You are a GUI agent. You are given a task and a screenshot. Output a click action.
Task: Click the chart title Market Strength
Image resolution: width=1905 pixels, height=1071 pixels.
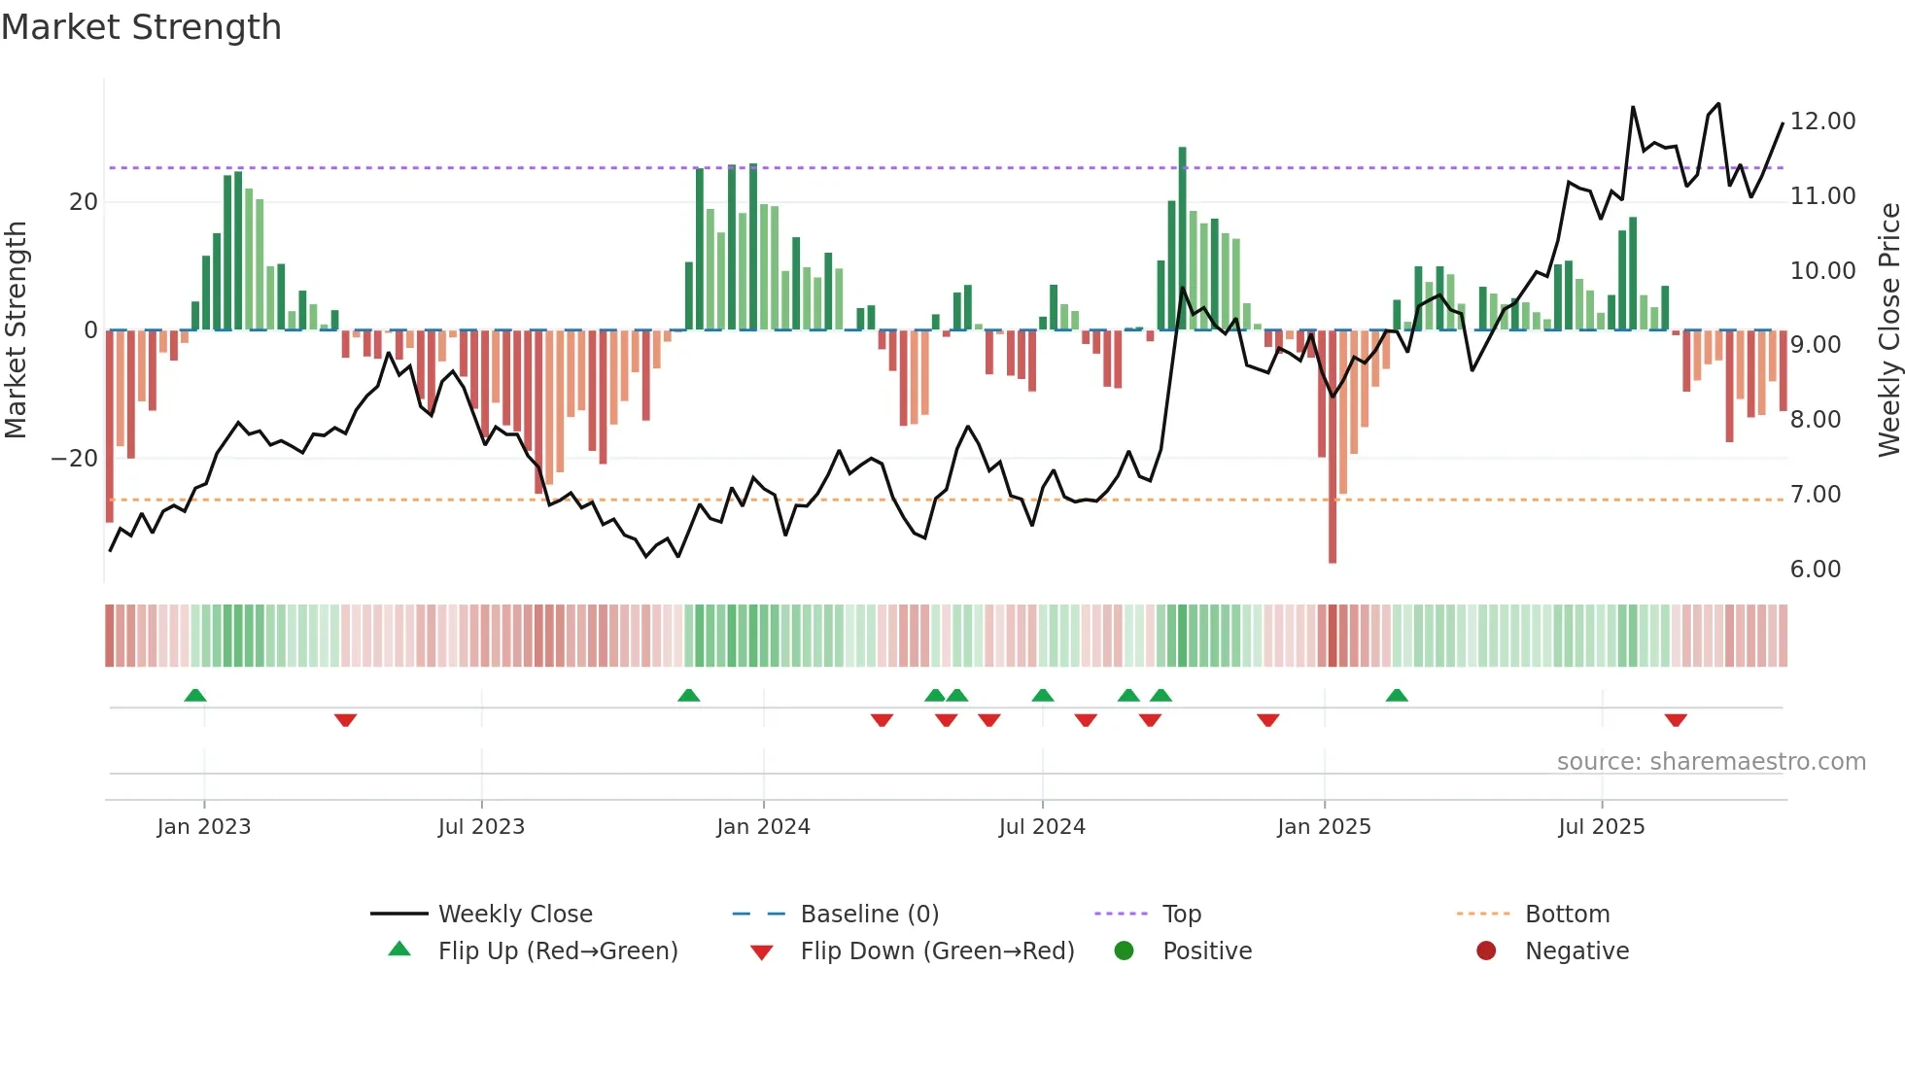(141, 26)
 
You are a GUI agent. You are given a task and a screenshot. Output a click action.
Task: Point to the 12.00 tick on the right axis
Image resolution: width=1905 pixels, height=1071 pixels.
(1822, 121)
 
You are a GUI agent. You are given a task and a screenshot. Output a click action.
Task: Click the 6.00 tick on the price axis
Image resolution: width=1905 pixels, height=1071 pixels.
(1815, 570)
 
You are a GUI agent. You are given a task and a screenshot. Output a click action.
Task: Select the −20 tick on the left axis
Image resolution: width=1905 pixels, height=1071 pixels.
(74, 459)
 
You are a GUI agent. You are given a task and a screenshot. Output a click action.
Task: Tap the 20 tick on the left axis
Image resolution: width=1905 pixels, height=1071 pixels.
(84, 202)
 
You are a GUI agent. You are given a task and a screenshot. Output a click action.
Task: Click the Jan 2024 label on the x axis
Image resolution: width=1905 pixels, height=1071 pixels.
(763, 827)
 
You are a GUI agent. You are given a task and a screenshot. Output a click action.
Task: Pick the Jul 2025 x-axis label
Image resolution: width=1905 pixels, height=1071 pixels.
(1601, 827)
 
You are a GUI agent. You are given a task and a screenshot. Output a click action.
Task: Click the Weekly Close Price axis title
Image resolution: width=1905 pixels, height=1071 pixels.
(1888, 329)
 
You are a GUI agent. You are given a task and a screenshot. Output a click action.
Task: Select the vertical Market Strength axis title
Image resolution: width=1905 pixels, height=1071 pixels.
(16, 329)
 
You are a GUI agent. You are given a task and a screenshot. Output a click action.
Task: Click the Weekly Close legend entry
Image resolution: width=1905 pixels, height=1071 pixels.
(514, 915)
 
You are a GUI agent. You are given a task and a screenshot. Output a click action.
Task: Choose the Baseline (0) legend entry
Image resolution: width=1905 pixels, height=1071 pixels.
(869, 915)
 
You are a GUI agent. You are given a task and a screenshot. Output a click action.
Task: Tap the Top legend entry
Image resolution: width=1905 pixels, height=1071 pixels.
(1181, 915)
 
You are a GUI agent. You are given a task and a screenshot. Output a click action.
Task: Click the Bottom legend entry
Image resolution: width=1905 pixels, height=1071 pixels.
(1567, 915)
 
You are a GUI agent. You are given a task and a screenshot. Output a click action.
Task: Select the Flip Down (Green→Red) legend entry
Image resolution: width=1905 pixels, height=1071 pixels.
(936, 951)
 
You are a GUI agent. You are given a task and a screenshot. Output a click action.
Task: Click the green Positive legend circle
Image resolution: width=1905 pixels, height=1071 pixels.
(1125, 951)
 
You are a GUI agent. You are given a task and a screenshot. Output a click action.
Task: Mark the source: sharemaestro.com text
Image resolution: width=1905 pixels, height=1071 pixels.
(1711, 762)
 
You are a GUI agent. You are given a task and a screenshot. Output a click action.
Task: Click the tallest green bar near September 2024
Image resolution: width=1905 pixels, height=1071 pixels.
(1182, 238)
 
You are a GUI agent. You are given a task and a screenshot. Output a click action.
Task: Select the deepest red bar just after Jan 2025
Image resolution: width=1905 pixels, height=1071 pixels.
(1333, 447)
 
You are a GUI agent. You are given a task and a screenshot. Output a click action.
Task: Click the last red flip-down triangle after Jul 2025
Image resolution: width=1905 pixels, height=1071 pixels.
(1676, 720)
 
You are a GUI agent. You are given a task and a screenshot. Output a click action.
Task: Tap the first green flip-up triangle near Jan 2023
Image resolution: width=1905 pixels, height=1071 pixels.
(195, 695)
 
